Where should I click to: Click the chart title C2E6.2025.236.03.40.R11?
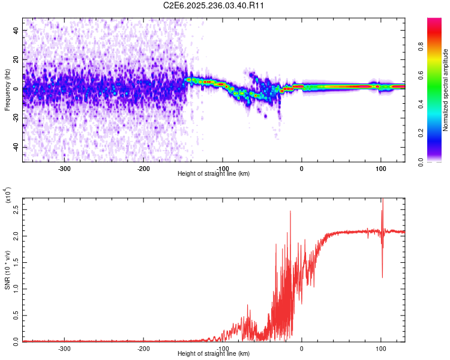[x=214, y=5]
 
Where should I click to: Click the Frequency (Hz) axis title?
[x=7, y=89]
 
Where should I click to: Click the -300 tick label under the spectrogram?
[x=64, y=168]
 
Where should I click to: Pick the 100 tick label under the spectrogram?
[x=381, y=168]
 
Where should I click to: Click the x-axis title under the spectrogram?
[x=214, y=173]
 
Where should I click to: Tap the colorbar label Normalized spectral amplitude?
[x=445, y=90]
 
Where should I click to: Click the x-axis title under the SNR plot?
[x=214, y=353]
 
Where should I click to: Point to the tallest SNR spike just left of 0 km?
[x=290, y=212]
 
